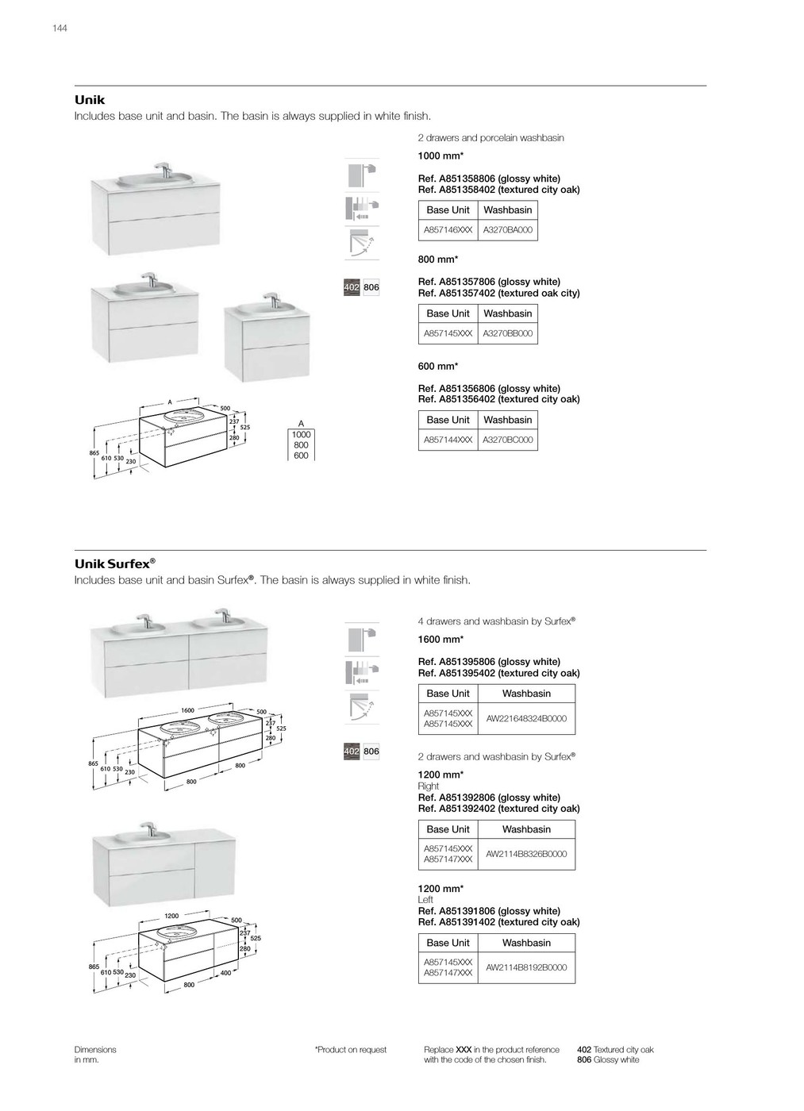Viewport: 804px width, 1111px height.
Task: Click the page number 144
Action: click(60, 29)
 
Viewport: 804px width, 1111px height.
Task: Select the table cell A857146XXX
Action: click(448, 230)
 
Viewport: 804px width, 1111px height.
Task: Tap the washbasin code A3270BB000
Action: click(508, 333)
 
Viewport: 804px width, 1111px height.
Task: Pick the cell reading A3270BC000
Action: click(508, 440)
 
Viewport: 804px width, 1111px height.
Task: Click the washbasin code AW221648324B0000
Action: click(526, 718)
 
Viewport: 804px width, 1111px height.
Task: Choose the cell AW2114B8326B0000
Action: click(526, 854)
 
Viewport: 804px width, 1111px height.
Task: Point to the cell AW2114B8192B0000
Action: click(526, 967)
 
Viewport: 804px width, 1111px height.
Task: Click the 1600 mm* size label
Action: click(440, 640)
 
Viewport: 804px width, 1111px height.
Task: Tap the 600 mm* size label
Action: click(437, 367)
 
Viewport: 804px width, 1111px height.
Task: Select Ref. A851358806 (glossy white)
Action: click(489, 179)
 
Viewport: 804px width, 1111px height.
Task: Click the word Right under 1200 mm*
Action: click(429, 786)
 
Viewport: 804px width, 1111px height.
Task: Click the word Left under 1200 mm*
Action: click(426, 900)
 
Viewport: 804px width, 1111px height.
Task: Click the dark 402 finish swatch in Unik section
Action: click(352, 287)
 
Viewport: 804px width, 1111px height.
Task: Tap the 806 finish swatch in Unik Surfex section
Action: click(371, 752)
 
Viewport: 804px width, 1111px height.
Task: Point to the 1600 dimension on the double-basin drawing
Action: click(187, 710)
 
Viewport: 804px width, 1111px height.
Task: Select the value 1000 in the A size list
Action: click(301, 435)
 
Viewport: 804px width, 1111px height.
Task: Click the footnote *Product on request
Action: click(351, 1050)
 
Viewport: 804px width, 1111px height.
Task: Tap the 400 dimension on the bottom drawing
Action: click(225, 973)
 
